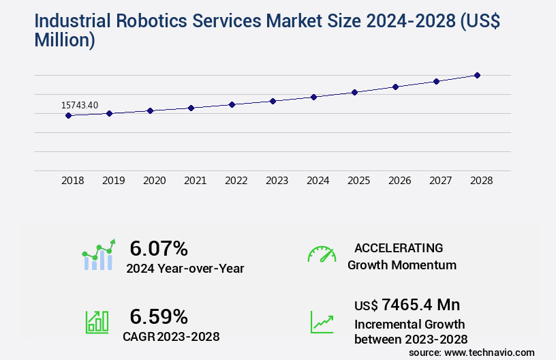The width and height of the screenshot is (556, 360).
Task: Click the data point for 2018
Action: [x=68, y=116]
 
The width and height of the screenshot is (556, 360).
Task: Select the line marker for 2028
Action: [x=477, y=75]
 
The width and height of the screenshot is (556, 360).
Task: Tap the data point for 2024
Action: [x=313, y=97]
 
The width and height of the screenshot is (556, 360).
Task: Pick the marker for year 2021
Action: [x=191, y=108]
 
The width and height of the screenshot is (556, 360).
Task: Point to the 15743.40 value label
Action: [x=80, y=105]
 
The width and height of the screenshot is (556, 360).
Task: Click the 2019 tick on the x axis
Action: [x=113, y=181]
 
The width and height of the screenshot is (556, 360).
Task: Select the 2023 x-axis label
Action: [x=277, y=181]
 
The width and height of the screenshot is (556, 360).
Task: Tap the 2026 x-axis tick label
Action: [x=399, y=181]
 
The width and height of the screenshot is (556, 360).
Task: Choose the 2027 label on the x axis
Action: [x=440, y=181]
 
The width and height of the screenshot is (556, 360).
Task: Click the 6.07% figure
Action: [x=159, y=247]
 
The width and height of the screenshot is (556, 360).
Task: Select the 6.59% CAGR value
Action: [x=159, y=316]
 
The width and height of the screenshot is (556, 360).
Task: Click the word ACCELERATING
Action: [x=399, y=247]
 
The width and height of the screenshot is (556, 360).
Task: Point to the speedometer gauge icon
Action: [x=322, y=254]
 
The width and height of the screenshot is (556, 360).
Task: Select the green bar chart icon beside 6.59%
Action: [x=97, y=322]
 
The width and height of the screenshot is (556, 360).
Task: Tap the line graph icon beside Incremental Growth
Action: [x=322, y=322]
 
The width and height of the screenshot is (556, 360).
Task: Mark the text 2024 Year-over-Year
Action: [x=185, y=269]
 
